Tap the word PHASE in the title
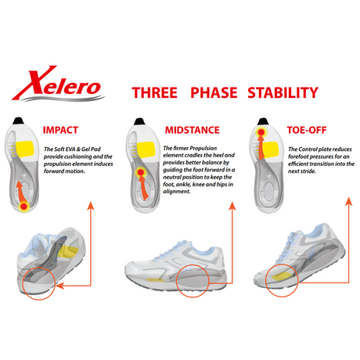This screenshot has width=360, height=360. coord(212,92)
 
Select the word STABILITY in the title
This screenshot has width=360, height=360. coord(283,92)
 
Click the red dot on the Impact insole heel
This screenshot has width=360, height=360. coord(24,207)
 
